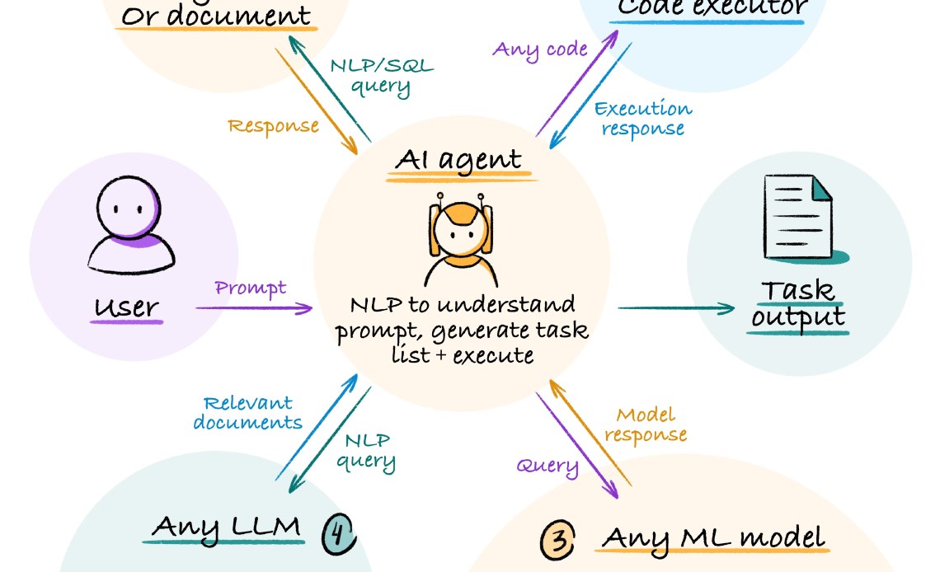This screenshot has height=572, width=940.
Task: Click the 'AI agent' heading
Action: pos(458,159)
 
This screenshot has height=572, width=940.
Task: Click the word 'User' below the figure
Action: pos(126,307)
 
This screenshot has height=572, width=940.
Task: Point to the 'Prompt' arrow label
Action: pos(251,288)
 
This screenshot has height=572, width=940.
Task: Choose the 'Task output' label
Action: pos(797,303)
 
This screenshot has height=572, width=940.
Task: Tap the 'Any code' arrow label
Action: pos(540,49)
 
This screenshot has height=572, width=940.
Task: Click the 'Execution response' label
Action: pos(642,119)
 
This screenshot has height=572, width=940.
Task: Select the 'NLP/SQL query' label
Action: pos(381,77)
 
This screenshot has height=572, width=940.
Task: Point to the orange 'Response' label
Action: pos(273,126)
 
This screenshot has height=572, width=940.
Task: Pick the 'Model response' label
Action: pos(651,424)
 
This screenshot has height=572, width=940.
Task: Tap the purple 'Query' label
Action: pos(548,466)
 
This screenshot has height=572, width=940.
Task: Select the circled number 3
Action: pos(557,541)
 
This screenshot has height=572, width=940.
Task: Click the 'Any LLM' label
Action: pos(227,527)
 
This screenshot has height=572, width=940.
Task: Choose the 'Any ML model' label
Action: pos(713,537)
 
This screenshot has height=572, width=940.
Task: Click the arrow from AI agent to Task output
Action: pos(674,309)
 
